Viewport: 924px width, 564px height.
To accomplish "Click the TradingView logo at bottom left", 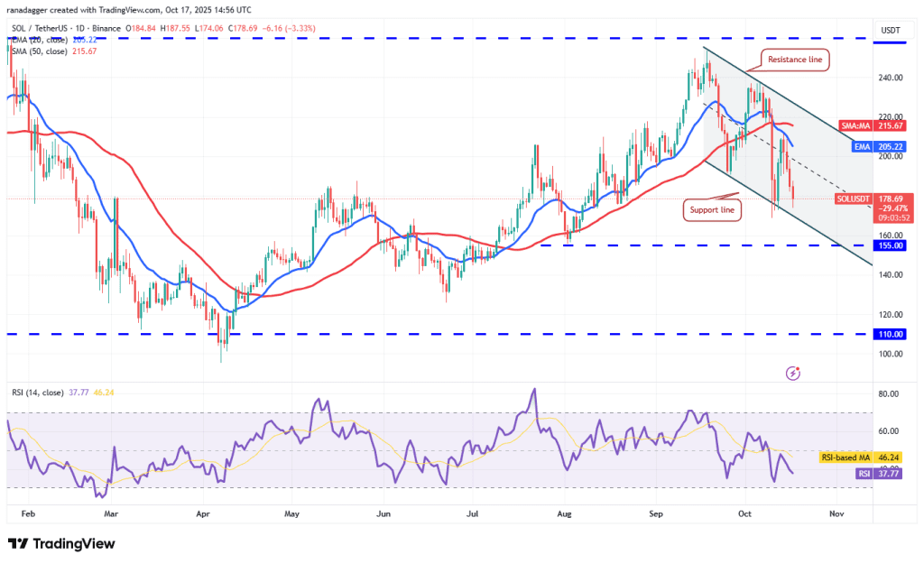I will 61,543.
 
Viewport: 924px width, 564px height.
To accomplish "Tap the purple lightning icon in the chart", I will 793,372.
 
